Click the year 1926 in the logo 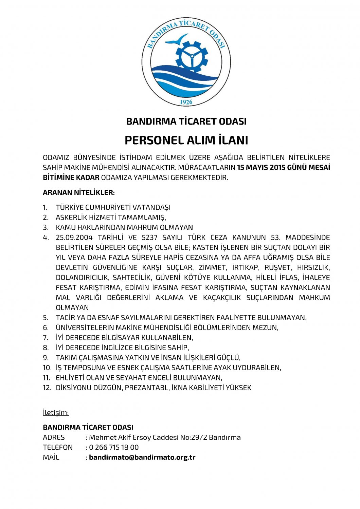(x=186, y=102)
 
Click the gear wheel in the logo (x=192, y=56)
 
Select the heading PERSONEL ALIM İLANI (x=186, y=140)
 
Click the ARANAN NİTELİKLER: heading (x=79, y=193)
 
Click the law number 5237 (x=149, y=238)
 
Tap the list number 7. (x=46, y=338)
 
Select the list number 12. (x=47, y=388)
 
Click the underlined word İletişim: (x=56, y=413)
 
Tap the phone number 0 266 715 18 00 (x=114, y=448)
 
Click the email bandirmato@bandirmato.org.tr (x=142, y=457)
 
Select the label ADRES (x=54, y=437)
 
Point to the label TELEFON (x=58, y=448)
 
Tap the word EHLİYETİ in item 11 (x=70, y=378)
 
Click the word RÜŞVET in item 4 (x=278, y=268)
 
